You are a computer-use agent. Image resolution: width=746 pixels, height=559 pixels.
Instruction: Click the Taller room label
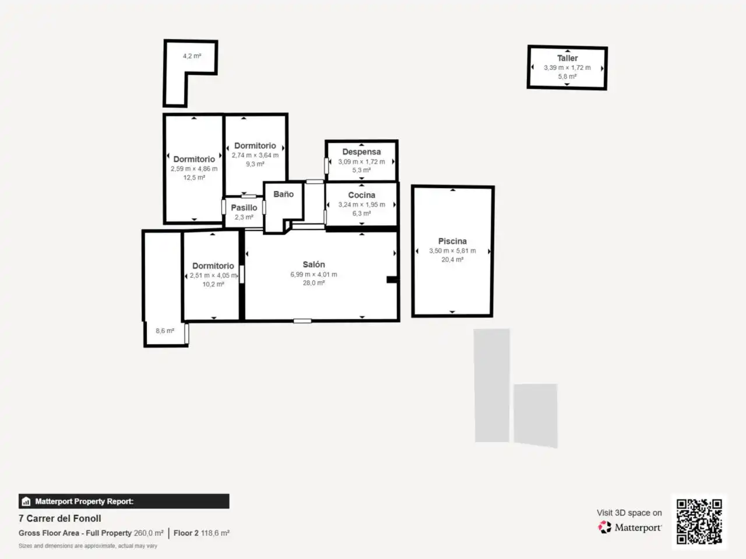pyautogui.click(x=567, y=58)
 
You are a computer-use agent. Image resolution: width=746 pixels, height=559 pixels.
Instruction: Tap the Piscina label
pyautogui.click(x=452, y=241)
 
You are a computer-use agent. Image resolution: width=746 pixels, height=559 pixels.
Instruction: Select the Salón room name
pyautogui.click(x=314, y=264)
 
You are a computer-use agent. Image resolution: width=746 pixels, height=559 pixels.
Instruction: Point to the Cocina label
pyautogui.click(x=361, y=195)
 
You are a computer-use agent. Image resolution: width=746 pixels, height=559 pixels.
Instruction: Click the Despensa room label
pyautogui.click(x=361, y=152)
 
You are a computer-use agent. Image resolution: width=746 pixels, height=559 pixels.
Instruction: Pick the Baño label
pyautogui.click(x=283, y=194)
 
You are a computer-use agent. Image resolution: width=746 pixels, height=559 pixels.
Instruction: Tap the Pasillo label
pyautogui.click(x=244, y=208)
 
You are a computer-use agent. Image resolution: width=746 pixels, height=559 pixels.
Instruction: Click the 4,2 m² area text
pyautogui.click(x=192, y=56)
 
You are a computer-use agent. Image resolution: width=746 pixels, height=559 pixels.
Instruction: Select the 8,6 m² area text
pyautogui.click(x=165, y=331)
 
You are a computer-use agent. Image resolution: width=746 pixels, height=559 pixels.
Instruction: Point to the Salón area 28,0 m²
pyautogui.click(x=314, y=283)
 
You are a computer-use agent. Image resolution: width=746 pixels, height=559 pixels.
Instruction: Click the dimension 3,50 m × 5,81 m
pyautogui.click(x=452, y=251)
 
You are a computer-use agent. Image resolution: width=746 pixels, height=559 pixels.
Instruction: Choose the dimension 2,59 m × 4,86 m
pyautogui.click(x=194, y=169)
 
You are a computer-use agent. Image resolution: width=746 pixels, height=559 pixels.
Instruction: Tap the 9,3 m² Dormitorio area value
pyautogui.click(x=255, y=164)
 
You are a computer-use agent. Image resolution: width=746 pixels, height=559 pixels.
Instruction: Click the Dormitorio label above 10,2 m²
pyautogui.click(x=213, y=266)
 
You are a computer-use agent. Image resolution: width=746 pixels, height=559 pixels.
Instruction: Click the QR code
pyautogui.click(x=699, y=521)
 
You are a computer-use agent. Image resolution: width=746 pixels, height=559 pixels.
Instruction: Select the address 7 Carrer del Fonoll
pyautogui.click(x=60, y=518)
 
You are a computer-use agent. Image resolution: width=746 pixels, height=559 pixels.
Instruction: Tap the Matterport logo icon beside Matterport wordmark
pyautogui.click(x=604, y=527)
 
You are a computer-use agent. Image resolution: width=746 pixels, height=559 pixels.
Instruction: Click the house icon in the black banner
pyautogui.click(x=26, y=501)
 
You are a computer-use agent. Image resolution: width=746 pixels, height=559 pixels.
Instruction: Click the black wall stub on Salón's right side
pyautogui.click(x=392, y=279)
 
